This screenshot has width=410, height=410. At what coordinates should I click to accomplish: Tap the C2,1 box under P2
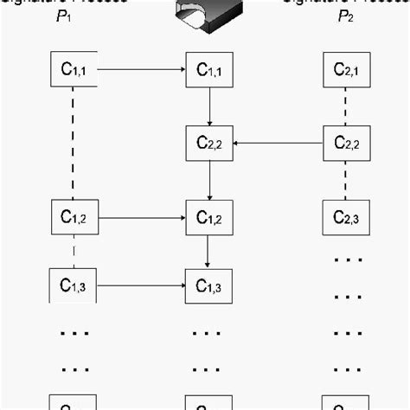tap(346, 69)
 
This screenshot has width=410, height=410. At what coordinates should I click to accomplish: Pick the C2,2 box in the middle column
tap(210, 143)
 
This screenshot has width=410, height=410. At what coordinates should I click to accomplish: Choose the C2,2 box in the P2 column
tap(346, 143)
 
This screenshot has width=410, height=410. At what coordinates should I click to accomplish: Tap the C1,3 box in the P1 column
tap(74, 285)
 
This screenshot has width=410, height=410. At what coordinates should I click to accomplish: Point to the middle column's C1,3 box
tap(210, 285)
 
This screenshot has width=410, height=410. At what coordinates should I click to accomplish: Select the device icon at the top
tap(207, 12)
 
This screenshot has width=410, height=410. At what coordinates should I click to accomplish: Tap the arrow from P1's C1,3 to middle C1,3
tap(142, 285)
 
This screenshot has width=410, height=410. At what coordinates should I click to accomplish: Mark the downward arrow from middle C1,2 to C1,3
tap(210, 250)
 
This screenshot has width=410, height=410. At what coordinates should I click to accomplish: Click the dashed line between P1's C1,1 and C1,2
tap(74, 143)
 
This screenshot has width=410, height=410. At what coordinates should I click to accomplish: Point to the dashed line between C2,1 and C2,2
tap(346, 106)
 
